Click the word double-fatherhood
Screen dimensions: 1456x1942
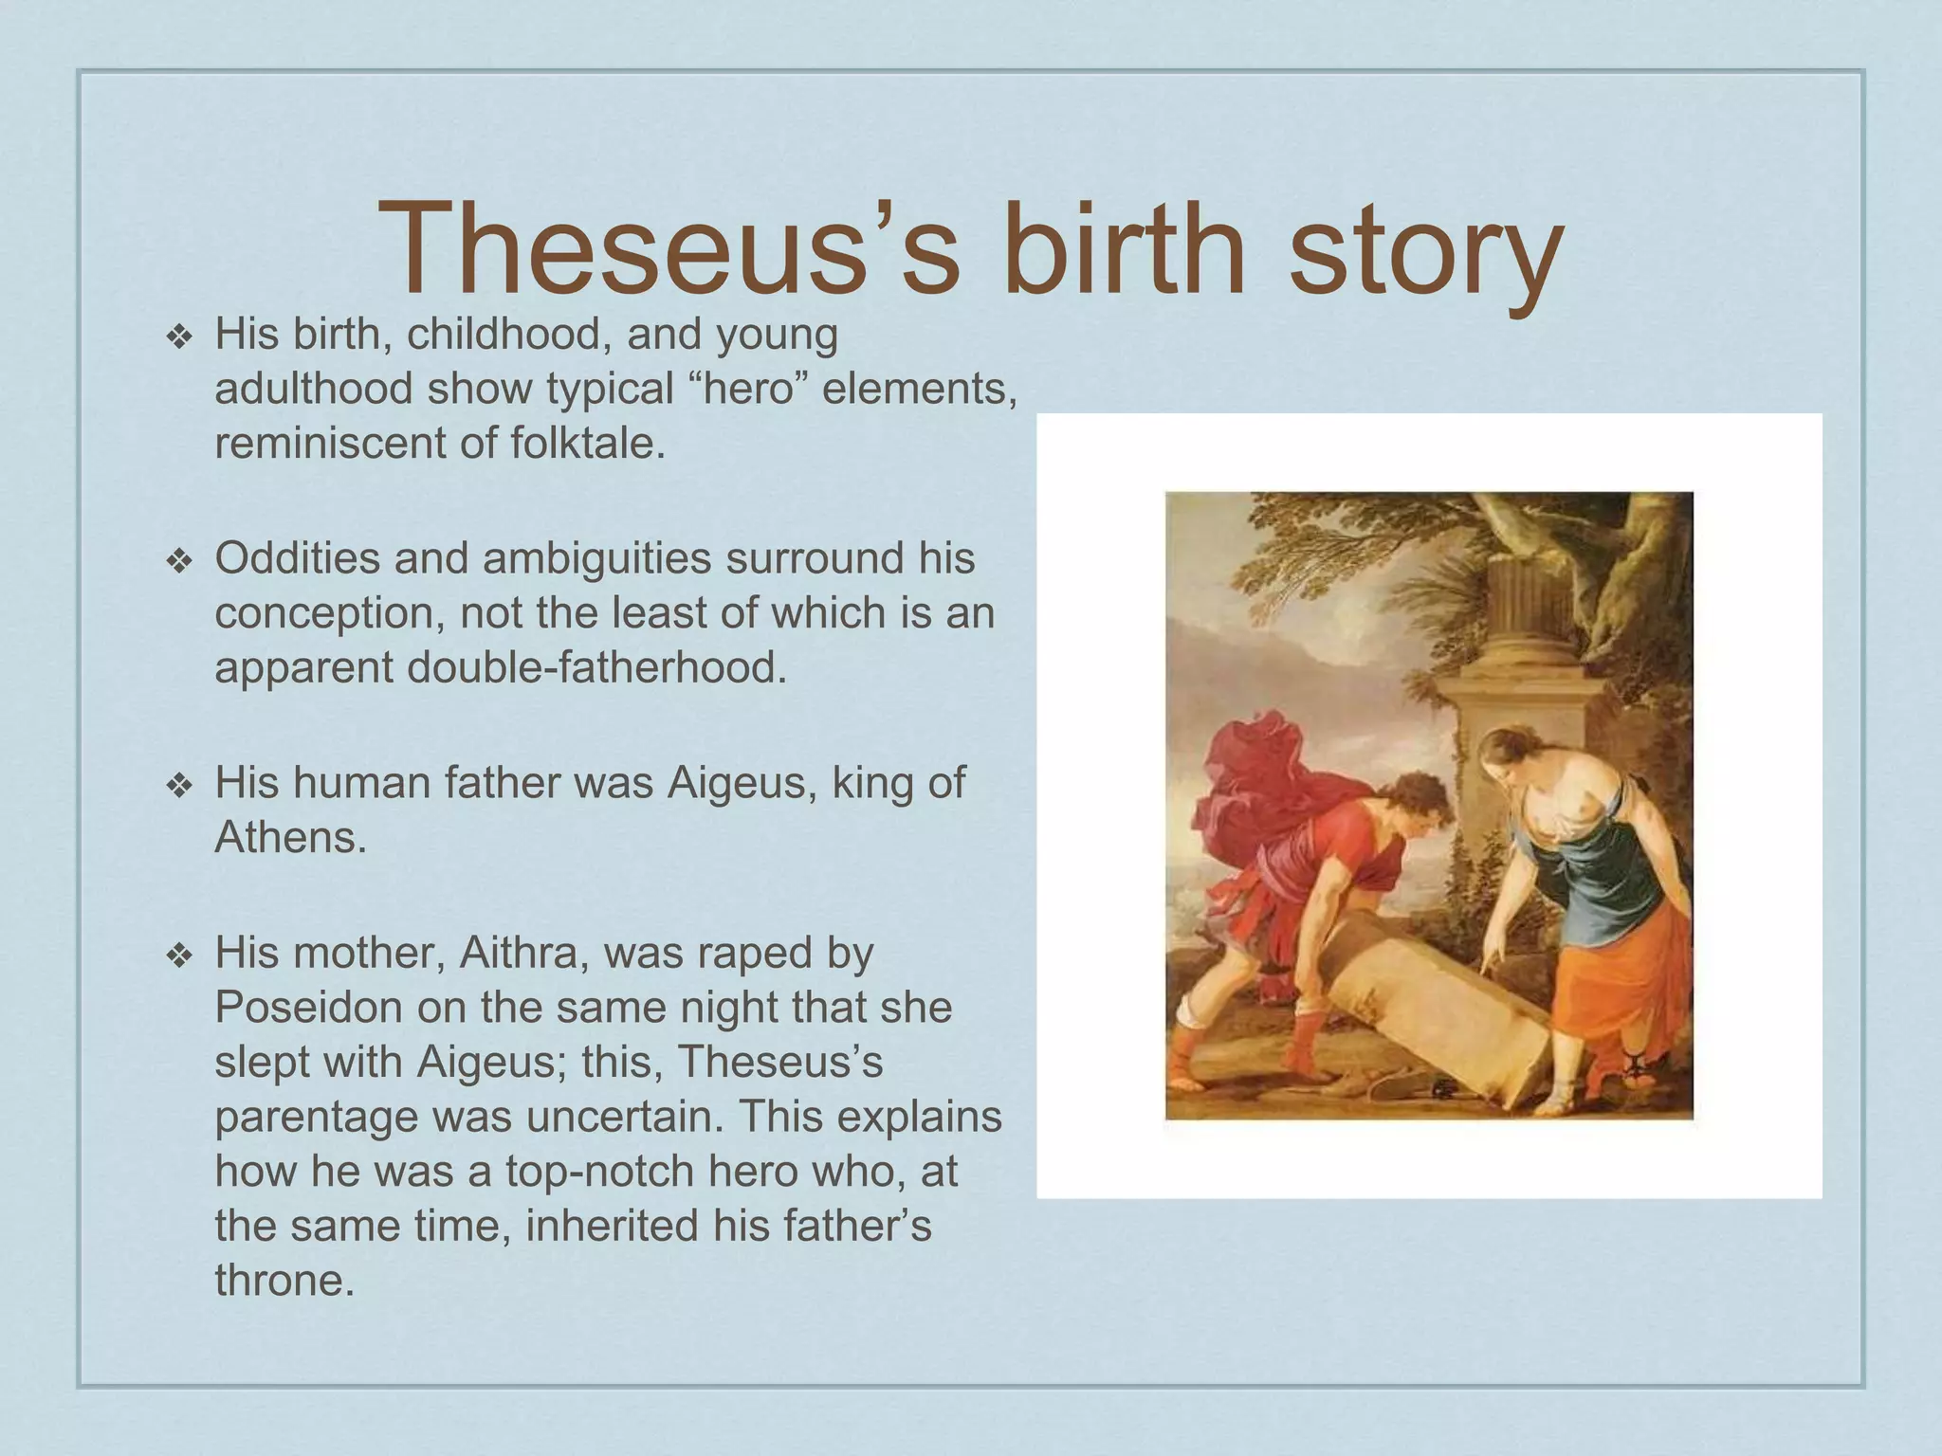pyautogui.click(x=596, y=667)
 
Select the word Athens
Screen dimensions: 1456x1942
pyautogui.click(x=290, y=837)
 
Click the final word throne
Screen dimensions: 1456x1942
pyautogui.click(x=284, y=1281)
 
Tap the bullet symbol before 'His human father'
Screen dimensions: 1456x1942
pyautogui.click(x=178, y=786)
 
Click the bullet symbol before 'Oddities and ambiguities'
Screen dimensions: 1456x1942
pyautogui.click(x=178, y=561)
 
